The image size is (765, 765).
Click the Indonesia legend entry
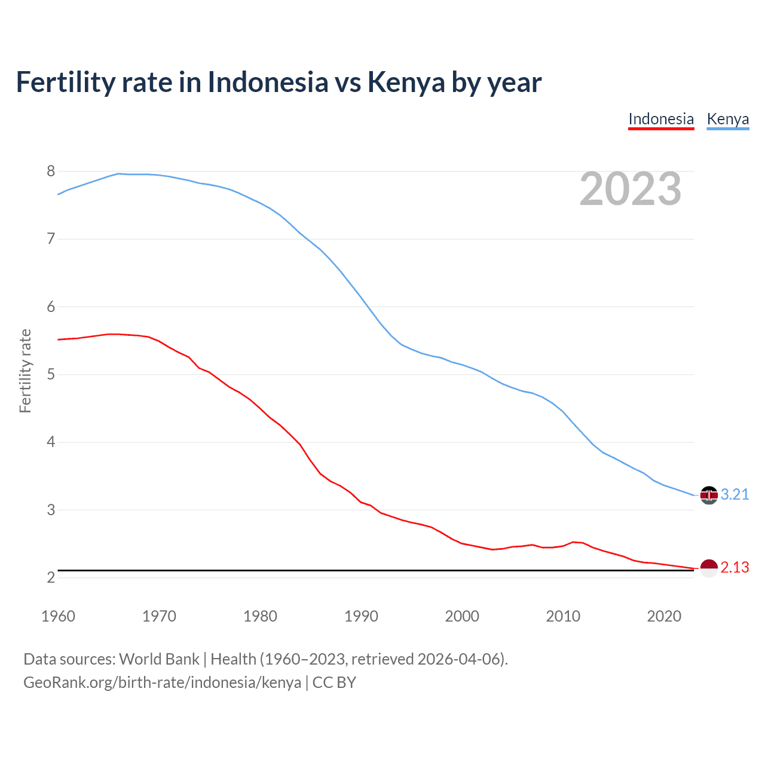tap(660, 119)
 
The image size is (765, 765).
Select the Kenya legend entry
tap(727, 119)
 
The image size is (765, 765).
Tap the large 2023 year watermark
tap(630, 189)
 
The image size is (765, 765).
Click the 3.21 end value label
tap(735, 494)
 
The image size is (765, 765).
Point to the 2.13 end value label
tap(735, 567)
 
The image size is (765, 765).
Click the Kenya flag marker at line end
tap(709, 495)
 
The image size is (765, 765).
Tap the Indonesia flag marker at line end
tap(709, 568)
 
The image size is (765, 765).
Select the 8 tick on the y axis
tap(51, 172)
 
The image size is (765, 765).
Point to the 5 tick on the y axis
tap(51, 375)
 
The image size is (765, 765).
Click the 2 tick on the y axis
tap(51, 578)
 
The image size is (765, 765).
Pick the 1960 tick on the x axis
tap(58, 616)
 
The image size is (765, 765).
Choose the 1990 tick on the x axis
tap(361, 616)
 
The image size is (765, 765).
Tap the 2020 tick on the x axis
tap(664, 616)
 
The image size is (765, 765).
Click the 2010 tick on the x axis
tap(563, 616)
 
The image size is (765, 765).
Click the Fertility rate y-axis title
tap(25, 371)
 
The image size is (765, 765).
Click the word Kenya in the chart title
tap(406, 82)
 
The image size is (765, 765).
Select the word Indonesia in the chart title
tap(268, 82)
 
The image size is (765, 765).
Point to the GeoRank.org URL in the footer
tap(162, 682)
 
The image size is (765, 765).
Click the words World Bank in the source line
tap(159, 659)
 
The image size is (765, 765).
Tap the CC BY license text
tap(334, 682)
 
